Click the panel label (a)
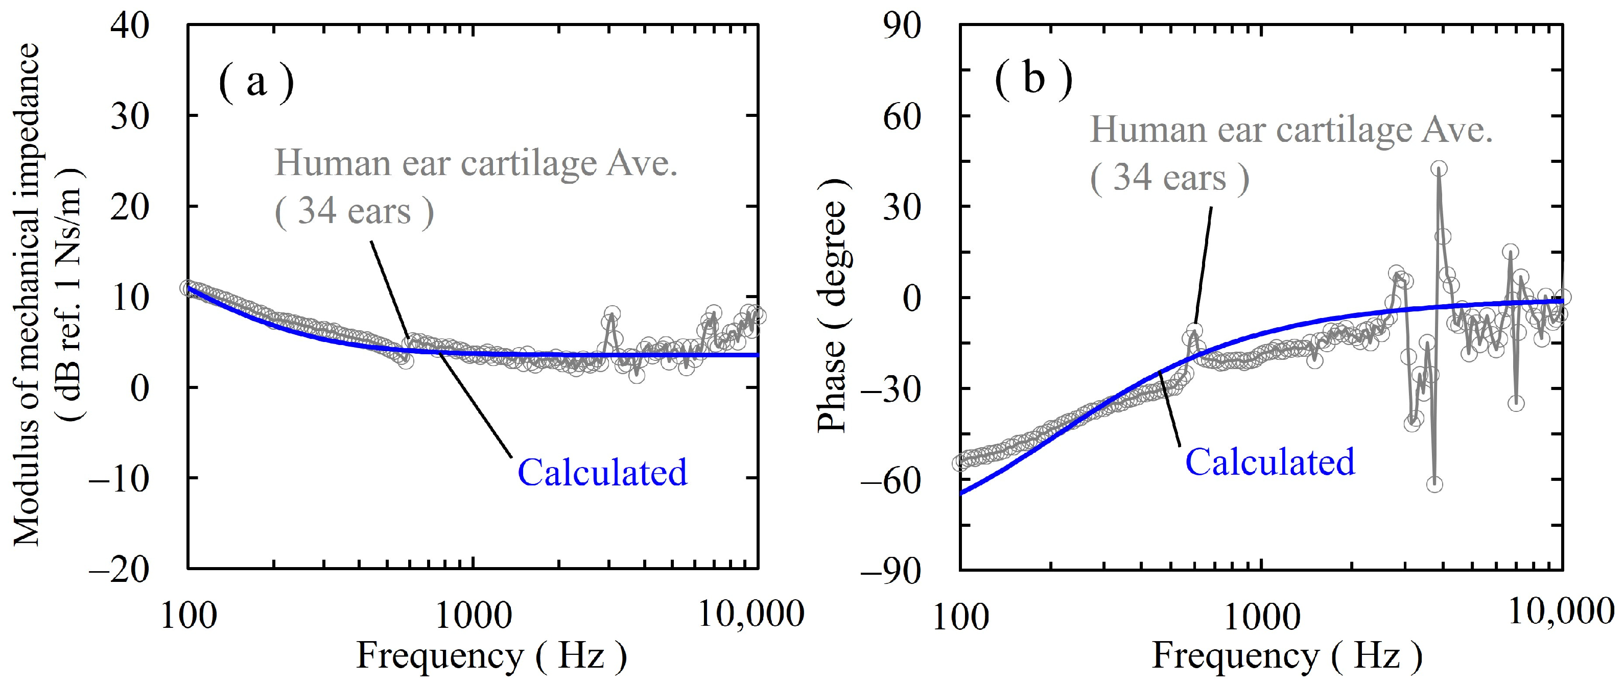pyautogui.click(x=256, y=83)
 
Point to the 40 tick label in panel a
pyautogui.click(x=130, y=27)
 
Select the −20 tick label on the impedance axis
pyautogui.click(x=119, y=570)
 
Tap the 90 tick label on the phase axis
pyautogui.click(x=902, y=27)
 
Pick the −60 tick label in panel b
pyautogui.click(x=891, y=480)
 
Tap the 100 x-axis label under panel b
pyautogui.click(x=960, y=618)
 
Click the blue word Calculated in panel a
pyautogui.click(x=602, y=473)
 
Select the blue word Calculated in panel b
pyautogui.click(x=1269, y=462)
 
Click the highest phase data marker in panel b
pyautogui.click(x=1439, y=168)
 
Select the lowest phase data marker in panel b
pyautogui.click(x=1434, y=484)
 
